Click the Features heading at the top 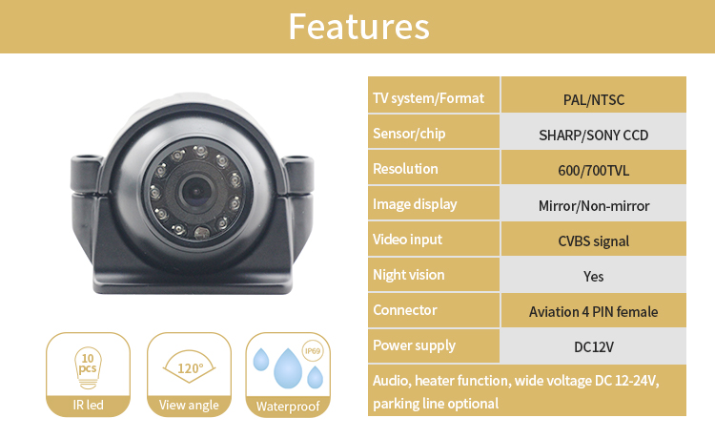pyautogui.click(x=357, y=27)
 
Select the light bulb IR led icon pyautogui.click(x=89, y=368)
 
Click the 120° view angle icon pyautogui.click(x=189, y=366)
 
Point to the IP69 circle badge pyautogui.click(x=311, y=351)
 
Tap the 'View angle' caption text pyautogui.click(x=189, y=406)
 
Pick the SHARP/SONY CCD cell pyautogui.click(x=593, y=135)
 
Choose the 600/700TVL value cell pyautogui.click(x=593, y=170)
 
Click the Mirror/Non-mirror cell pyautogui.click(x=593, y=205)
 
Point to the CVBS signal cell pyautogui.click(x=593, y=240)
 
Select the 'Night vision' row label pyautogui.click(x=408, y=275)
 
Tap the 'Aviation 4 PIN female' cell pyautogui.click(x=593, y=311)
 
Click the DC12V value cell pyautogui.click(x=593, y=346)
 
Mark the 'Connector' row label pyautogui.click(x=404, y=310)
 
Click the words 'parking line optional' pyautogui.click(x=435, y=403)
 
